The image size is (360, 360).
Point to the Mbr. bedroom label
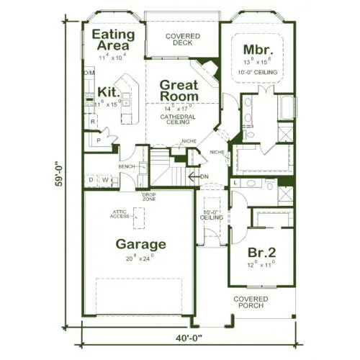(256, 49)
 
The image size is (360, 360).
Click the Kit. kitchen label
(107, 91)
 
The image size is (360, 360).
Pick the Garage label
(141, 243)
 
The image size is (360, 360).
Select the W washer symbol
(105, 179)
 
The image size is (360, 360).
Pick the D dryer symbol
(91, 179)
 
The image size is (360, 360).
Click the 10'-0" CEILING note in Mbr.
(257, 73)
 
